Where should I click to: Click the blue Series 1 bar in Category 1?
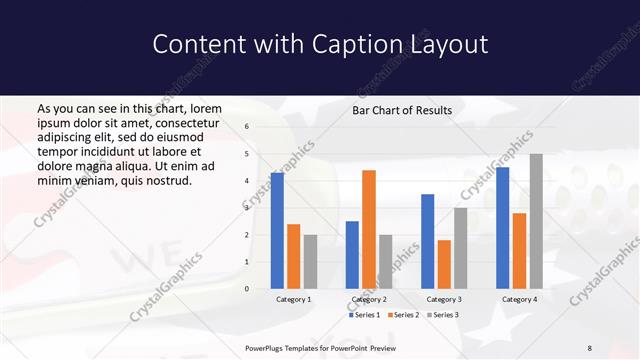point(277,231)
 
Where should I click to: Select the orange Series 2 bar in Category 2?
point(369,229)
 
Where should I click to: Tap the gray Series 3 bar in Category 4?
point(536,221)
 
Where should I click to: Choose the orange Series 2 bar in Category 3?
point(444,264)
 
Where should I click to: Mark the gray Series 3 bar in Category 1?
point(310,262)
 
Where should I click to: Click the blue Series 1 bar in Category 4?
point(502,228)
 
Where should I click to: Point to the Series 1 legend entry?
point(366,315)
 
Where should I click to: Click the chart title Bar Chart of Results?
point(402,110)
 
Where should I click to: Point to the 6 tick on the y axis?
point(247,127)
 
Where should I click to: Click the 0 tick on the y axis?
point(247,289)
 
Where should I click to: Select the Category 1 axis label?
point(294,299)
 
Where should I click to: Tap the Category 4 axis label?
point(519,299)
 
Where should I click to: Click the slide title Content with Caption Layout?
point(320,44)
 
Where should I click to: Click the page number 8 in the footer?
point(589,347)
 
